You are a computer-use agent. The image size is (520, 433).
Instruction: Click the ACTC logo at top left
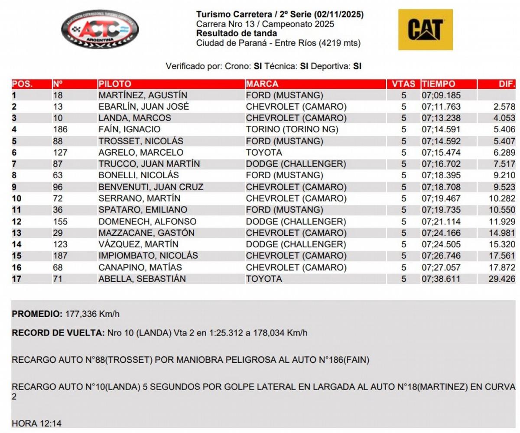(x=100, y=29)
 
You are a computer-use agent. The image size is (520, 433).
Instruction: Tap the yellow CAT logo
(x=425, y=29)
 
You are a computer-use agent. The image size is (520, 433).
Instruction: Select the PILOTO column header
(x=115, y=84)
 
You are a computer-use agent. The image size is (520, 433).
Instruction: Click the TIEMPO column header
(x=438, y=84)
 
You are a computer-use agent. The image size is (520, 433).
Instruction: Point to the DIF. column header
(x=507, y=84)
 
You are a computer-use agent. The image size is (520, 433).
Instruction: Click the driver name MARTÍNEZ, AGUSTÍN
(x=143, y=95)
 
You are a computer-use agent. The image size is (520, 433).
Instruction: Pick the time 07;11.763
(x=441, y=107)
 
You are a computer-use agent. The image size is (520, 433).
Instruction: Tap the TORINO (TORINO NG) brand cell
(x=292, y=130)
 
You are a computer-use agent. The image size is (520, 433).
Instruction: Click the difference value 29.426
(x=502, y=279)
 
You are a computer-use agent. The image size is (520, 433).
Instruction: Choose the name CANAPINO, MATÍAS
(x=140, y=267)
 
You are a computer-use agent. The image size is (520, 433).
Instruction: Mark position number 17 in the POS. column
(x=16, y=279)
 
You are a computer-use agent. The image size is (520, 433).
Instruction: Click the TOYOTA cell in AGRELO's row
(x=264, y=153)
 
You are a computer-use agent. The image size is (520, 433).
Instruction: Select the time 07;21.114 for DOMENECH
(x=441, y=221)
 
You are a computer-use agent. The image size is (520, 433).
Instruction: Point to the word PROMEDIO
(x=37, y=314)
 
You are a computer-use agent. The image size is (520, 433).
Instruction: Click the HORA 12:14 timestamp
(x=37, y=423)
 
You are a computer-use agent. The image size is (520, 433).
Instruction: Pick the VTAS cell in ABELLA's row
(x=404, y=279)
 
